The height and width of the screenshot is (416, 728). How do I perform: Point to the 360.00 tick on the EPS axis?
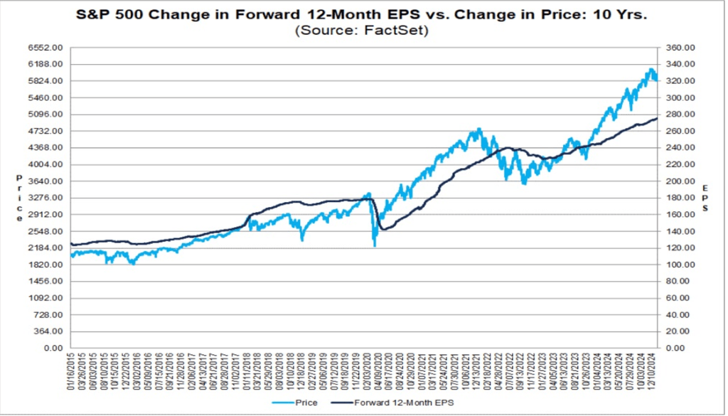tap(678, 48)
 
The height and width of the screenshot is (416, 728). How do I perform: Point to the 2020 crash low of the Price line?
tap(375, 246)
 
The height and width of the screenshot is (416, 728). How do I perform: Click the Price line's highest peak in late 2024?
tap(651, 69)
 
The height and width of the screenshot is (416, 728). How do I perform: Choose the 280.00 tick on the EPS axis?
tap(678, 114)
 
